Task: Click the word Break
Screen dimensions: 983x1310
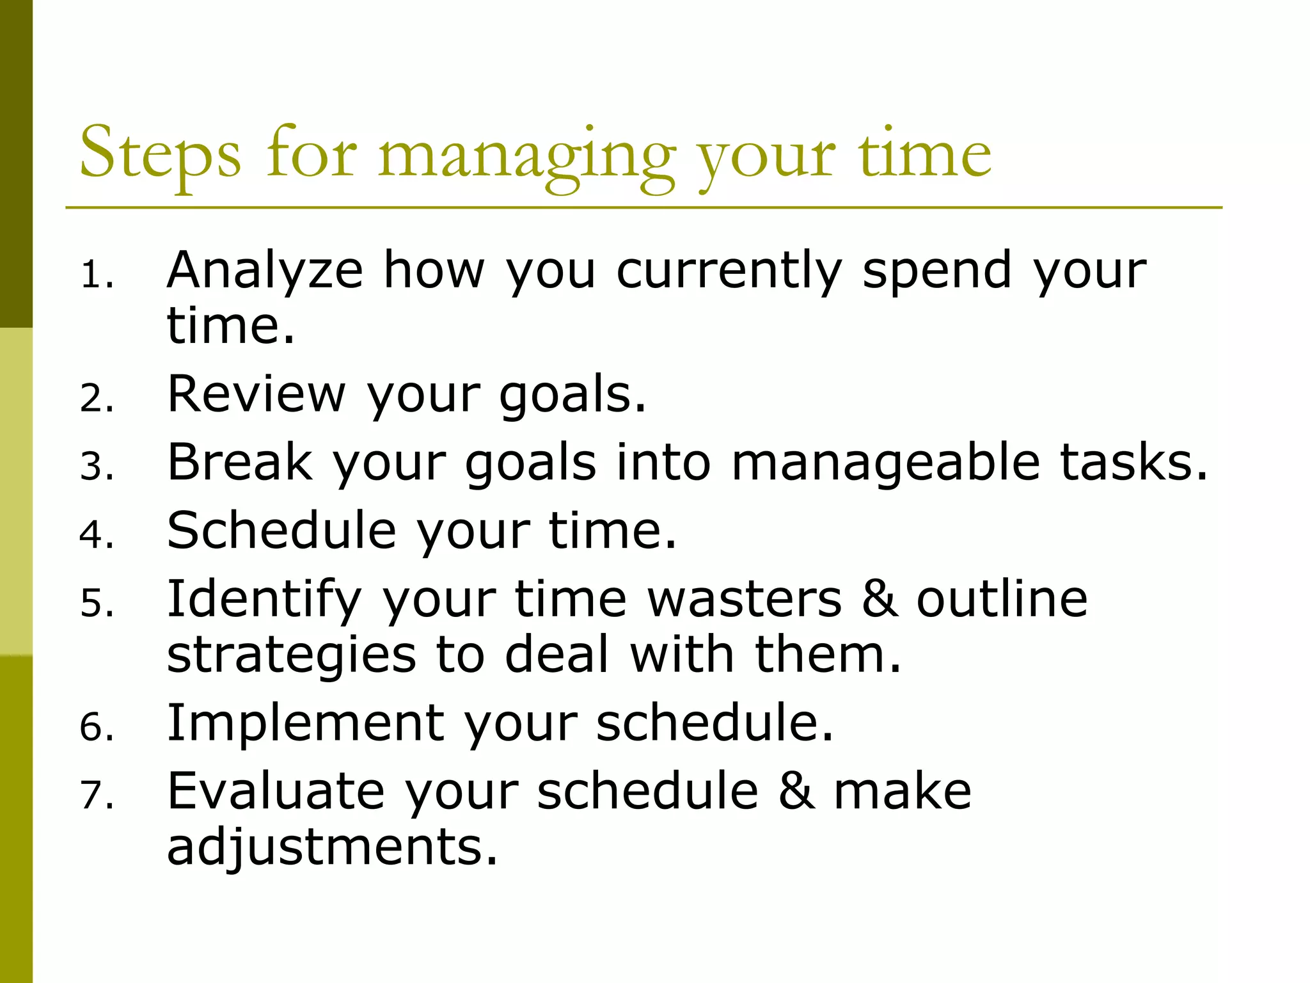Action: tap(240, 462)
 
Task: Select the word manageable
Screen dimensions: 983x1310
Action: tap(886, 462)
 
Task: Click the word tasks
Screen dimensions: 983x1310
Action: tap(1132, 462)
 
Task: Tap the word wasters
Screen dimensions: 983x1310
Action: tap(745, 599)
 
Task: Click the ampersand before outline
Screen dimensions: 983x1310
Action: tap(880, 599)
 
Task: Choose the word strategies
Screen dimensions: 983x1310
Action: tap(292, 655)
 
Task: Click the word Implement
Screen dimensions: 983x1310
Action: tap(306, 723)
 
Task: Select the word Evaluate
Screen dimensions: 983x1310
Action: tap(276, 792)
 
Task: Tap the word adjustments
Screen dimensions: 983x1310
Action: tap(332, 847)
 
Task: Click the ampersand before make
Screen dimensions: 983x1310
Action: tap(797, 792)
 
